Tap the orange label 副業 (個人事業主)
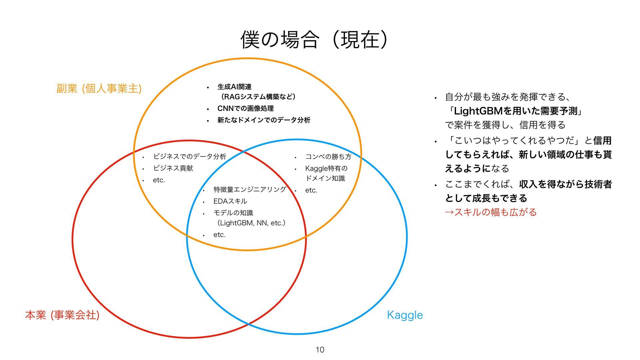99,89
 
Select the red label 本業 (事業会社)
62,315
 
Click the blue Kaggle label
405,315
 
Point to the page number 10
320,350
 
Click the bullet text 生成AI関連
234,87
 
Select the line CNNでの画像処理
245,108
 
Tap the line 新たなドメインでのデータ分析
264,120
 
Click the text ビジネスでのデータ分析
189,157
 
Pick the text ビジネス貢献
173,168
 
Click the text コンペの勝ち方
328,157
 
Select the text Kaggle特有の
326,168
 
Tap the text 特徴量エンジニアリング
250,190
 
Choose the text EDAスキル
230,201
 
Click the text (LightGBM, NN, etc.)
251,223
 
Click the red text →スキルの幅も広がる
491,212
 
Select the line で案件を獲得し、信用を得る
505,125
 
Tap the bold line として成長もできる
486,198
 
